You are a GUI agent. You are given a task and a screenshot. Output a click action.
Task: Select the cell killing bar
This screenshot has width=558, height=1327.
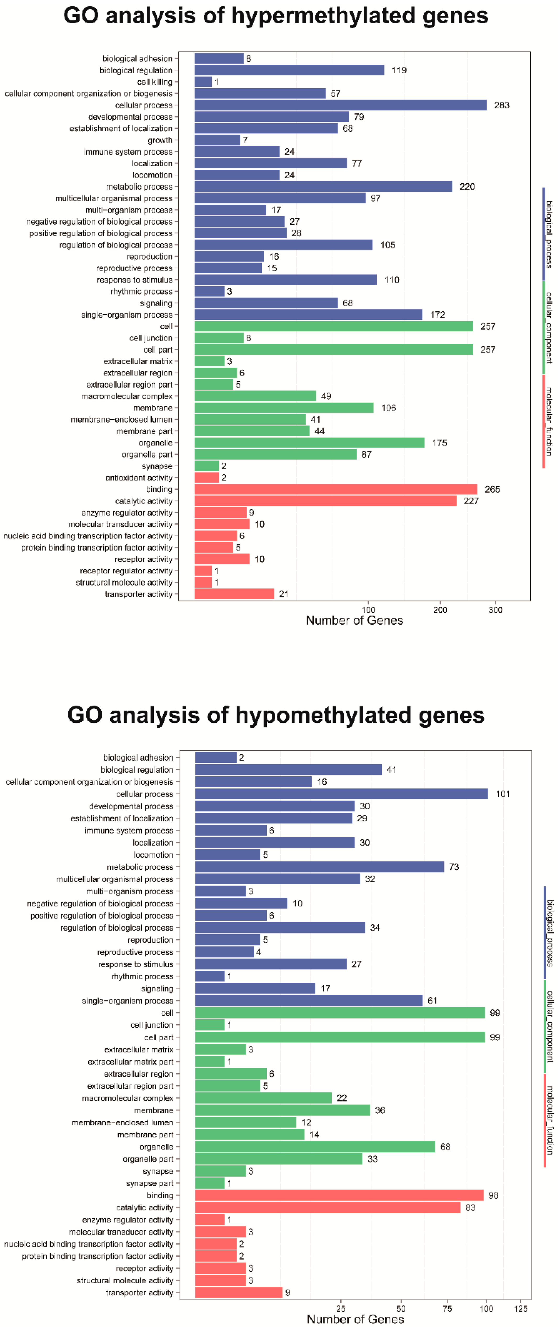(x=203, y=82)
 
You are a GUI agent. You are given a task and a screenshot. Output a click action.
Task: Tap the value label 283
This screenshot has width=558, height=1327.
(x=501, y=105)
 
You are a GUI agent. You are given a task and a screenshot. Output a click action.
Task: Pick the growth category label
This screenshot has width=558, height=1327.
(x=160, y=140)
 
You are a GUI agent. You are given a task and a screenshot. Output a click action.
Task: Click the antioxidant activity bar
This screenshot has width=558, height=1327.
(x=207, y=478)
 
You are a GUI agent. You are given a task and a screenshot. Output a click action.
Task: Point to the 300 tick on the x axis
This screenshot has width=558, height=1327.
(x=495, y=610)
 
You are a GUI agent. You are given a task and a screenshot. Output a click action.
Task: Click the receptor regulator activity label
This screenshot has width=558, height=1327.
(x=126, y=571)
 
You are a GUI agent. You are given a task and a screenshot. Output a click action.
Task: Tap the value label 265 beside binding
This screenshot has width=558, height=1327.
(x=492, y=489)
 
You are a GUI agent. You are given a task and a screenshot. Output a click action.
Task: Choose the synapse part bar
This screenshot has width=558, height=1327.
(x=210, y=1183)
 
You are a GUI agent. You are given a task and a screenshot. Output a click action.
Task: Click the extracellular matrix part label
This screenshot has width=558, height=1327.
(x=130, y=1062)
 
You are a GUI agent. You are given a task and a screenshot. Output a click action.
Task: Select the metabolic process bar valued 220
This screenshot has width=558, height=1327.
(x=323, y=186)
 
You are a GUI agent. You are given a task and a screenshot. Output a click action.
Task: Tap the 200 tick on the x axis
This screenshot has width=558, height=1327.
(x=440, y=610)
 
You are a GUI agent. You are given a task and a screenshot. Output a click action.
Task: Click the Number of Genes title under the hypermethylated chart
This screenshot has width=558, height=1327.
(x=354, y=621)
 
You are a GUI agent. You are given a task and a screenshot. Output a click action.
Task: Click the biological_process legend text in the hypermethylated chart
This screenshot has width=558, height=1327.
(x=549, y=234)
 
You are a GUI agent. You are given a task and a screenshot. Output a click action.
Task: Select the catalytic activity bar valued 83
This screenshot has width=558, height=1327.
(x=328, y=1208)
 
